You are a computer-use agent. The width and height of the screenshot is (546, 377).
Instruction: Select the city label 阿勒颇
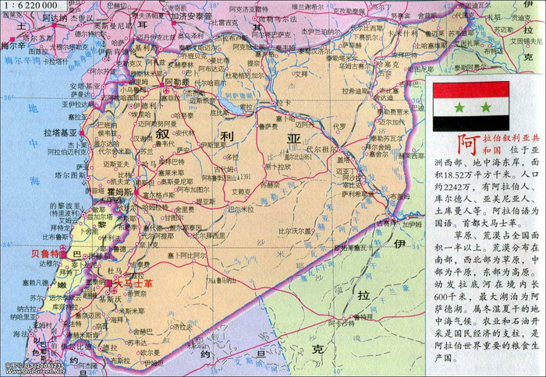coord(175,81)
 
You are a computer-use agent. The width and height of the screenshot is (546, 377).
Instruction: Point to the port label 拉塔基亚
coord(59,133)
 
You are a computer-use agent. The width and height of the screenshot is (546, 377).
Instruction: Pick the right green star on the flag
coord(485,107)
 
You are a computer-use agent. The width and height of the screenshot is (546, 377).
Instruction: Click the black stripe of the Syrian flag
coord(472,123)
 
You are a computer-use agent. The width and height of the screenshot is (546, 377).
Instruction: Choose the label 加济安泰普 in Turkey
coord(191,15)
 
